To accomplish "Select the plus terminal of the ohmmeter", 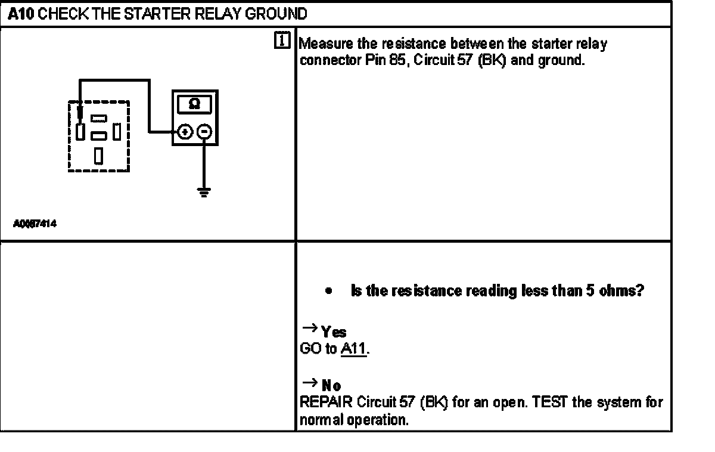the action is (185, 132).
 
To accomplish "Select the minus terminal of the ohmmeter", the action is (204, 132).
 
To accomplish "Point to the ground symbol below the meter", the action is (204, 192).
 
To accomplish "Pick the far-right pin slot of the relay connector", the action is (118, 130).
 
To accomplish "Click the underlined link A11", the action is (353, 349).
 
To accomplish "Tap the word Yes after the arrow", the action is (334, 332).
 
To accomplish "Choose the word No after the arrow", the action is (332, 386).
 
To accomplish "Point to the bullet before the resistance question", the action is (328, 292).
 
